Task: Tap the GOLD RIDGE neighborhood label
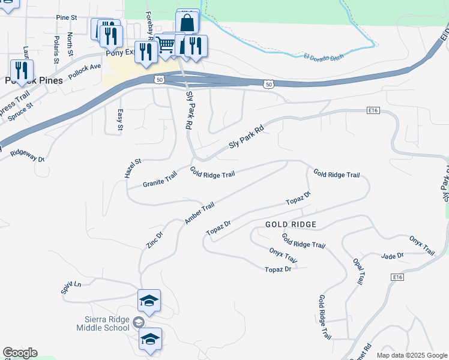pos(291,224)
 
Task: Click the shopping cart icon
pos(165,44)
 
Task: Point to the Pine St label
pos(67,18)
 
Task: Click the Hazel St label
pos(133,169)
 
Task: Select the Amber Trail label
pos(199,214)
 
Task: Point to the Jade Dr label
pos(393,256)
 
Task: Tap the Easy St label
pos(120,120)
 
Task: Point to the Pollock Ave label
pos(85,71)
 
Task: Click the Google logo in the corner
pos(20,353)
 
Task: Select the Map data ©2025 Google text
pos(411,355)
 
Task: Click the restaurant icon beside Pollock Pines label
pos(22,69)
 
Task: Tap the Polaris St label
pos(56,50)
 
